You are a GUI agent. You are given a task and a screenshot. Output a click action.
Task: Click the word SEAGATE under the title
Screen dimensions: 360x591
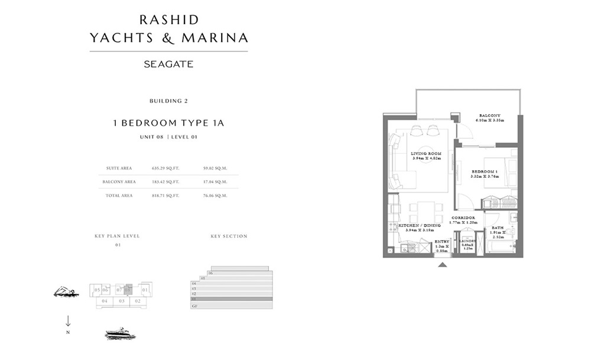pyautogui.click(x=168, y=64)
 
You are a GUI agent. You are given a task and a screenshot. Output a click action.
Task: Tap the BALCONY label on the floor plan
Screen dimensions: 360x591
pyautogui.click(x=490, y=115)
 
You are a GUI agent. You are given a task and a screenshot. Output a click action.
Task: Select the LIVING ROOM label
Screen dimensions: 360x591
pyautogui.click(x=426, y=154)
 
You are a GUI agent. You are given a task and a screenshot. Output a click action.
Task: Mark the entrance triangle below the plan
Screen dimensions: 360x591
pyautogui.click(x=442, y=265)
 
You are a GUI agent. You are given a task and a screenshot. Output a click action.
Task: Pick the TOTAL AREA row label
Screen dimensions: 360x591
pyautogui.click(x=119, y=195)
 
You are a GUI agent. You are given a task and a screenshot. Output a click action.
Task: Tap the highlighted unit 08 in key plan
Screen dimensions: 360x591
pyautogui.click(x=128, y=290)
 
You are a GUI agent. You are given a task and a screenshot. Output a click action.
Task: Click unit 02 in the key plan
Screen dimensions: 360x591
pyautogui.click(x=137, y=301)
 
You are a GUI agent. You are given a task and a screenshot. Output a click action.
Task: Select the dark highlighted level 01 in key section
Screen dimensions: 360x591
pyautogui.click(x=231, y=299)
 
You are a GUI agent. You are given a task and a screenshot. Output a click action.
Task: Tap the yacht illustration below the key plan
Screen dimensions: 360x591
pyautogui.click(x=120, y=334)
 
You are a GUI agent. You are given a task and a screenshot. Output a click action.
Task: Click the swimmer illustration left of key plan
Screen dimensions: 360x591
pyautogui.click(x=66, y=291)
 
